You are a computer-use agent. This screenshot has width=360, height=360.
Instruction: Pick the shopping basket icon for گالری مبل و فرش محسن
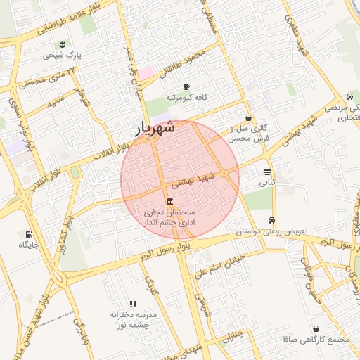[247, 117]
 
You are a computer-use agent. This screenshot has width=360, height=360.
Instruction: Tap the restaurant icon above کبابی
[267, 172]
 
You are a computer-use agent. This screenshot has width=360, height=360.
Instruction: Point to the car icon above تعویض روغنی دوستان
[272, 219]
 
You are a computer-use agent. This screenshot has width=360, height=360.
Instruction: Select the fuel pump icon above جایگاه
[28, 234]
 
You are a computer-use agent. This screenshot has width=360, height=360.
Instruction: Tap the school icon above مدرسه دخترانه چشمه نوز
[133, 304]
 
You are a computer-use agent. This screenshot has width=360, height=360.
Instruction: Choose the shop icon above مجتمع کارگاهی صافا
[315, 328]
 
